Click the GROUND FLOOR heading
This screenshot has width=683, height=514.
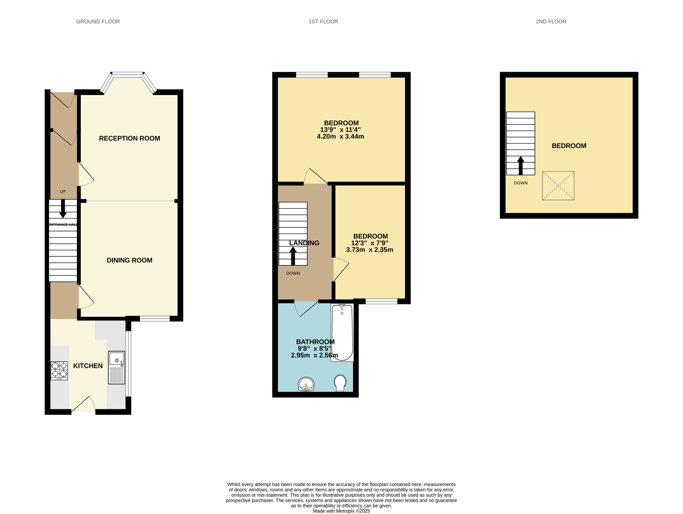pyautogui.click(x=98, y=22)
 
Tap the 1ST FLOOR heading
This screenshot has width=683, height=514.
pyautogui.click(x=323, y=22)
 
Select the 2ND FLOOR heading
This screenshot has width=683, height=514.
pyautogui.click(x=551, y=22)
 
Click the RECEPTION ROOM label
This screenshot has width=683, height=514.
pyautogui.click(x=129, y=138)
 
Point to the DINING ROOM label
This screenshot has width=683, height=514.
pyautogui.click(x=129, y=260)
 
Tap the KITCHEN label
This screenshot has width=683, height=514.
pyautogui.click(x=88, y=366)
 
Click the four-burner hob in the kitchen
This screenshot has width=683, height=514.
pyautogui.click(x=59, y=371)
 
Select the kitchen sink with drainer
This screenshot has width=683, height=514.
pyautogui.click(x=117, y=368)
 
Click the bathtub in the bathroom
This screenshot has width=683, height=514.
pyautogui.click(x=342, y=332)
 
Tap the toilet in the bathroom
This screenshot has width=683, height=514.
pyautogui.click(x=340, y=383)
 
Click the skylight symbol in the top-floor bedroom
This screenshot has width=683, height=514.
pyautogui.click(x=558, y=186)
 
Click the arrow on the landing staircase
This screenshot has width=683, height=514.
pyautogui.click(x=293, y=256)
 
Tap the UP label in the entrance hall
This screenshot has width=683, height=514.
pyautogui.click(x=63, y=192)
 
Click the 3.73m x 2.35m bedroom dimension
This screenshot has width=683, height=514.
pyautogui.click(x=370, y=250)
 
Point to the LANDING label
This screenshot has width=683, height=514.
pyautogui.click(x=304, y=243)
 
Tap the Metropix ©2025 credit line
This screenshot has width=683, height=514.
pyautogui.click(x=341, y=511)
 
